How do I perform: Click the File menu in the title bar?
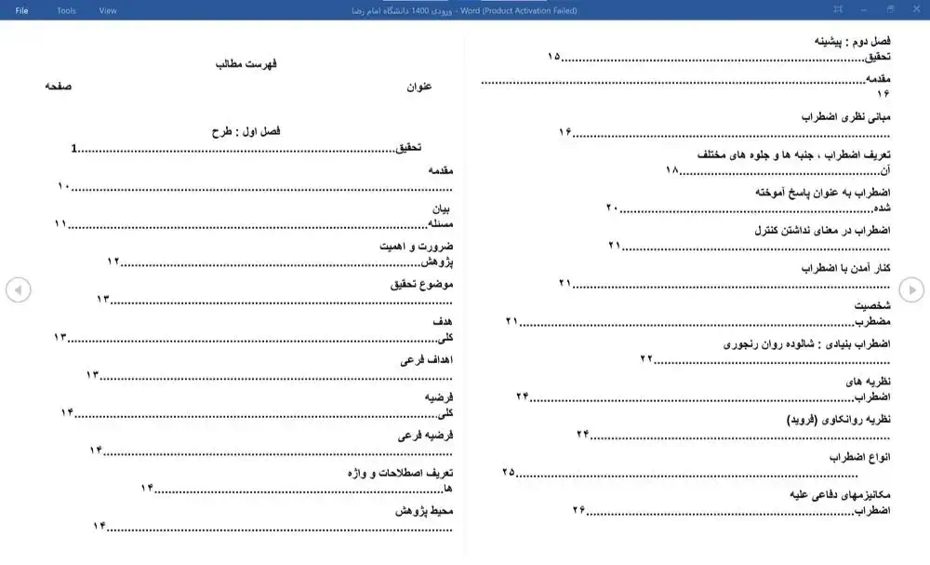(21, 10)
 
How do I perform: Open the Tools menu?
(66, 10)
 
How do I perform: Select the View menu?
(108, 10)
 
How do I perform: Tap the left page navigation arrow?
(18, 290)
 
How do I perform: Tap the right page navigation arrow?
(911, 290)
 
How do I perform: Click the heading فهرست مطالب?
(246, 64)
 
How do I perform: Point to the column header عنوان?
(418, 87)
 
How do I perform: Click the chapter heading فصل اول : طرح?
(246, 132)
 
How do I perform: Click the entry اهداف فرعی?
(426, 360)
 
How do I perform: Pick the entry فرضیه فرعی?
(425, 436)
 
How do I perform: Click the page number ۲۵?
(508, 472)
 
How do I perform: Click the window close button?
(915, 10)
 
